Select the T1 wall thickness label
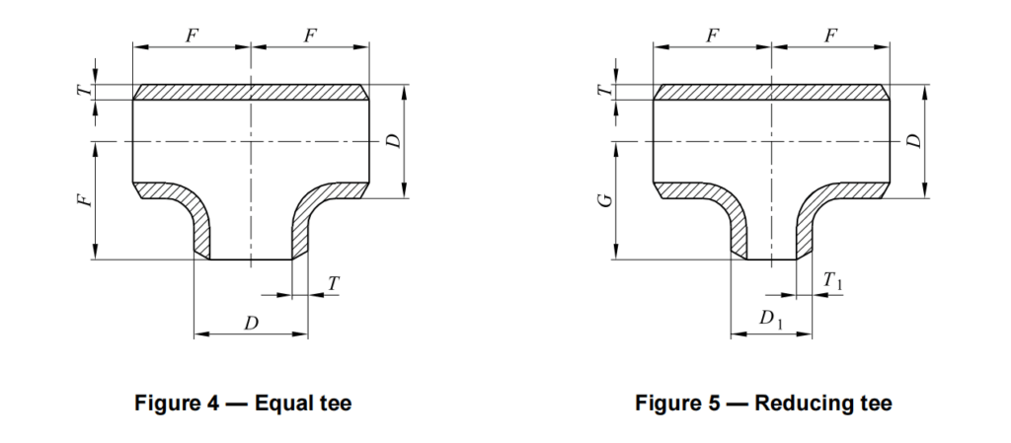832,283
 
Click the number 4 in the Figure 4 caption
222,403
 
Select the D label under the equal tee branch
250,322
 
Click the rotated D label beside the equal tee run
393,141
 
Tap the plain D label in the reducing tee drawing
913,141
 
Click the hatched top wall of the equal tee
251,92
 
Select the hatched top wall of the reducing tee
771,92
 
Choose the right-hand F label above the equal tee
310,36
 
